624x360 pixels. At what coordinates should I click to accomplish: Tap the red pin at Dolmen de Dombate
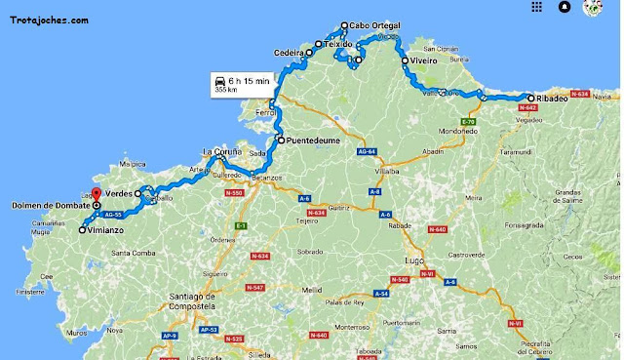point(96,193)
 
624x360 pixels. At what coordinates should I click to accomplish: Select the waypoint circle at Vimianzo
point(82,231)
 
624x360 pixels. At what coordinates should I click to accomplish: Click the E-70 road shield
point(467,122)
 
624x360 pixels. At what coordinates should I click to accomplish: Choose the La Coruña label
point(221,151)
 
